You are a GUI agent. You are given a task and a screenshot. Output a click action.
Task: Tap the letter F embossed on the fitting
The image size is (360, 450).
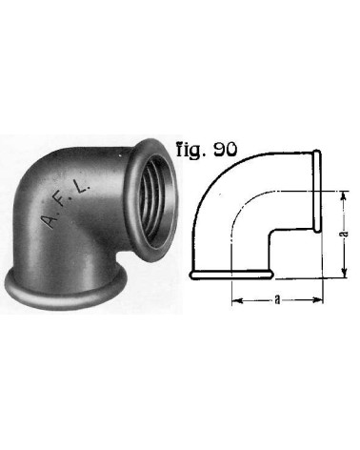69,207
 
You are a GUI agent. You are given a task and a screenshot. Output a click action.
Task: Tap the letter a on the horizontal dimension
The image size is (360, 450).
273,298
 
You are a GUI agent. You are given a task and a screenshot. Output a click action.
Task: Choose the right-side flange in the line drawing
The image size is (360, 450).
317,191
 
